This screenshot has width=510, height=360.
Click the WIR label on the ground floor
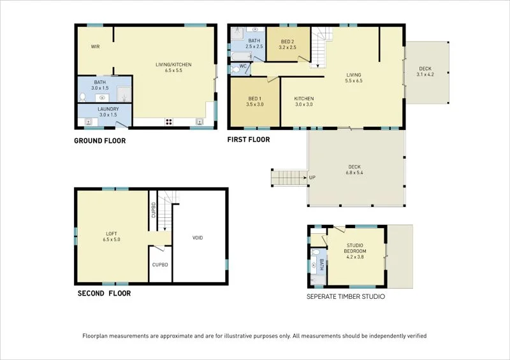(95, 47)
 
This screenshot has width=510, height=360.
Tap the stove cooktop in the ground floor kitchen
(169, 122)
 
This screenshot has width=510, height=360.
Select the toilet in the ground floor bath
(83, 97)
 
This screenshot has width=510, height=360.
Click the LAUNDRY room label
(108, 109)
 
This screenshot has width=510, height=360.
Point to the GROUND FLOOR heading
(100, 141)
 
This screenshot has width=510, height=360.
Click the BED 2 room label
(288, 41)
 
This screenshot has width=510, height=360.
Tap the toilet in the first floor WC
(235, 69)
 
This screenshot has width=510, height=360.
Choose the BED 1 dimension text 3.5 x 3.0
(255, 104)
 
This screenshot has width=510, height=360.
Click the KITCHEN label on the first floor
(304, 99)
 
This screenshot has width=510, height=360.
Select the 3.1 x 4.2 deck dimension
(425, 75)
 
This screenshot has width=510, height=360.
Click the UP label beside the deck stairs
(312, 178)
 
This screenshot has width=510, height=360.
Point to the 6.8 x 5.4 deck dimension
(354, 173)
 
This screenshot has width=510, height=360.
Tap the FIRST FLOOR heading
(249, 140)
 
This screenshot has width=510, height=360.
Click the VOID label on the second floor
(198, 238)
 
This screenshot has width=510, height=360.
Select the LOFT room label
(112, 234)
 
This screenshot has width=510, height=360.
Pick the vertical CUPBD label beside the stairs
(154, 210)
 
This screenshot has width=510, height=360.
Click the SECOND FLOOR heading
(104, 293)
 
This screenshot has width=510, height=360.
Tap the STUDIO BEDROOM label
(355, 248)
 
